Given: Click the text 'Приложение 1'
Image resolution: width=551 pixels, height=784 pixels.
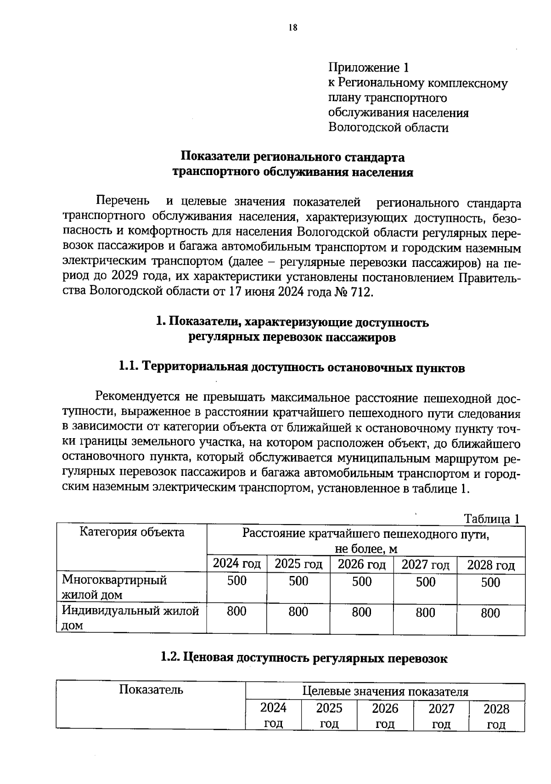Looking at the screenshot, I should pyautogui.click(x=368, y=68).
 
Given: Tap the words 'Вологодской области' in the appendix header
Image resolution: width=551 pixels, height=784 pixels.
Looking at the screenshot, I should pyautogui.click(x=388, y=128).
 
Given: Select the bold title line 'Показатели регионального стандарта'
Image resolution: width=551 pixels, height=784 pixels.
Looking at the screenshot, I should pyautogui.click(x=292, y=157).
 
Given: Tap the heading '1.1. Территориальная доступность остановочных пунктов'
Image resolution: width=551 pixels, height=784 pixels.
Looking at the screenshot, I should pyautogui.click(x=292, y=367).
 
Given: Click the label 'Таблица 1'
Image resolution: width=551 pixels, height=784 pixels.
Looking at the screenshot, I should pyautogui.click(x=491, y=519).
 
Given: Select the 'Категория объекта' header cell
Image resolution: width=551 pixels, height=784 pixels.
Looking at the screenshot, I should pyautogui.click(x=132, y=532).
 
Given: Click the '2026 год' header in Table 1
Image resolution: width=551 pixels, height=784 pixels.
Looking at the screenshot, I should pyautogui.click(x=361, y=564).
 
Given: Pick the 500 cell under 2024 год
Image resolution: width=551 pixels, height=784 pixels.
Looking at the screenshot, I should pyautogui.click(x=237, y=581).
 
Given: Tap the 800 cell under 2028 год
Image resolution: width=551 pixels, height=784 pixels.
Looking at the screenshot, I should pyautogui.click(x=490, y=613).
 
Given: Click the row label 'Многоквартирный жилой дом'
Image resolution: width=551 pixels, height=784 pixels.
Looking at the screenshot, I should pyautogui.click(x=114, y=587).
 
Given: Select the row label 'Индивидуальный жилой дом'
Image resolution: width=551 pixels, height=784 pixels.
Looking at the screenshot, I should pyautogui.click(x=130, y=618).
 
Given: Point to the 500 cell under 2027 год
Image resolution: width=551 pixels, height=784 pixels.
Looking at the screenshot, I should pyautogui.click(x=425, y=582).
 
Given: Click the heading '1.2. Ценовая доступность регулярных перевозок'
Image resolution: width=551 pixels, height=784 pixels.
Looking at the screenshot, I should pyautogui.click(x=304, y=658).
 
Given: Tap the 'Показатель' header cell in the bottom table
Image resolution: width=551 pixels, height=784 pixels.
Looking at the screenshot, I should pyautogui.click(x=151, y=690).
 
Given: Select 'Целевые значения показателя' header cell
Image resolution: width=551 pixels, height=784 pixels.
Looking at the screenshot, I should pyautogui.click(x=385, y=692).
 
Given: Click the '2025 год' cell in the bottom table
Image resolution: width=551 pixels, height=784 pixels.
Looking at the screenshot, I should pyautogui.click(x=329, y=716).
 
